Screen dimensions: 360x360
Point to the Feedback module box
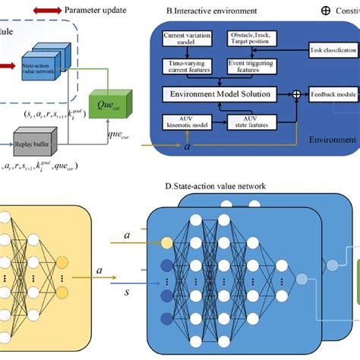pyautogui.click(x=333, y=95)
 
